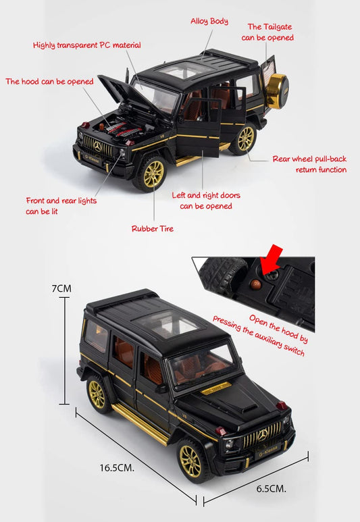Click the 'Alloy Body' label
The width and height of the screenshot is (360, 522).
(x=209, y=22)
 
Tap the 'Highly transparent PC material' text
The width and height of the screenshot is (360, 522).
(x=87, y=45)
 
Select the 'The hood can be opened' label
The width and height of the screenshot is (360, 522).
(x=49, y=82)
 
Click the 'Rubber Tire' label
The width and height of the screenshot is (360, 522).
(x=152, y=229)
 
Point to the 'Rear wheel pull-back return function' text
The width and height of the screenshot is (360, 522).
(x=309, y=164)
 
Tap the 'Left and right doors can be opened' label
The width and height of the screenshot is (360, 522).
(x=206, y=201)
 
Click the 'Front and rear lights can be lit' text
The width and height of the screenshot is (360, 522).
(x=61, y=206)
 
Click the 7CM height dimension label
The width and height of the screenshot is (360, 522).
(x=61, y=288)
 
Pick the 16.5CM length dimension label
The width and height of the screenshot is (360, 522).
(x=118, y=467)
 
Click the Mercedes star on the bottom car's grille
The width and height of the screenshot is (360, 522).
(x=262, y=435)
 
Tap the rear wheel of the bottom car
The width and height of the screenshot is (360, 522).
(x=98, y=395)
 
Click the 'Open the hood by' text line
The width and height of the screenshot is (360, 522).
(x=278, y=328)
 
